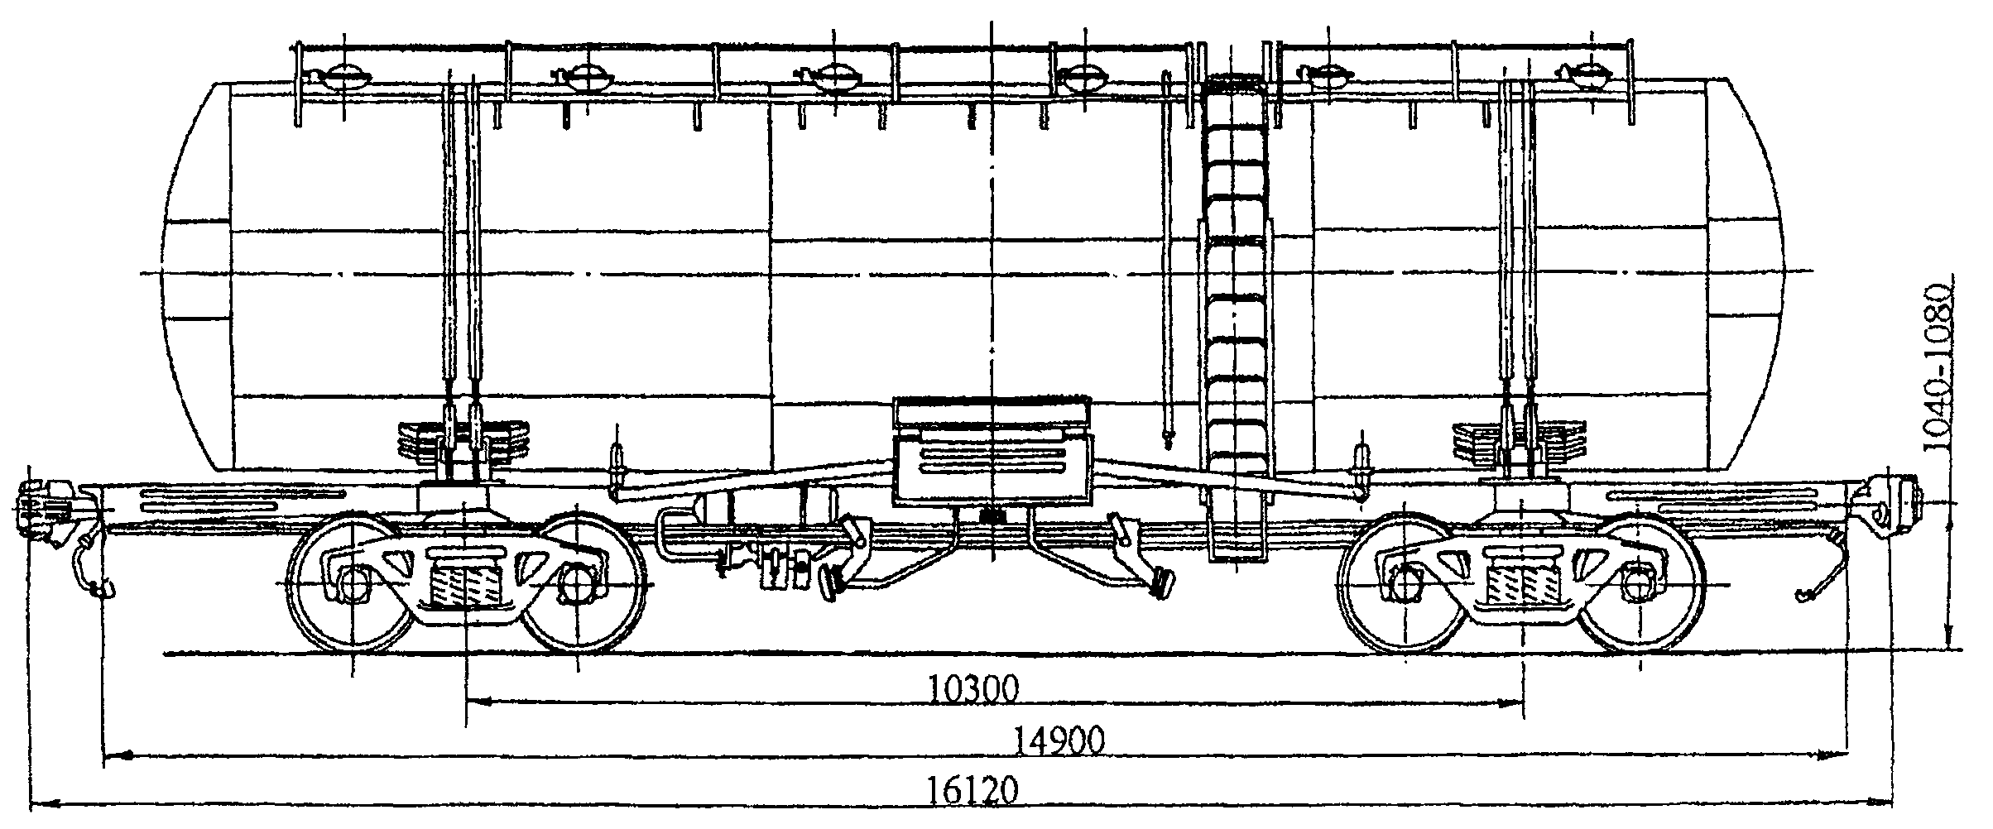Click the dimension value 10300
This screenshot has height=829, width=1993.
pyautogui.click(x=972, y=688)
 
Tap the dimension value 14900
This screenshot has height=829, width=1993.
pyautogui.click(x=1060, y=741)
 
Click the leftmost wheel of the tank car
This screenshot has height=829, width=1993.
pyautogui.click(x=353, y=583)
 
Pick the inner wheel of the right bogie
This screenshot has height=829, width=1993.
pyautogui.click(x=1405, y=583)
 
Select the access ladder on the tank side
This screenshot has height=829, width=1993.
pyautogui.click(x=1235, y=314)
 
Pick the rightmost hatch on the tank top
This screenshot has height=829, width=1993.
pyautogui.click(x=1582, y=76)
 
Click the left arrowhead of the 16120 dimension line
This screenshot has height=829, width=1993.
pyautogui.click(x=37, y=803)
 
